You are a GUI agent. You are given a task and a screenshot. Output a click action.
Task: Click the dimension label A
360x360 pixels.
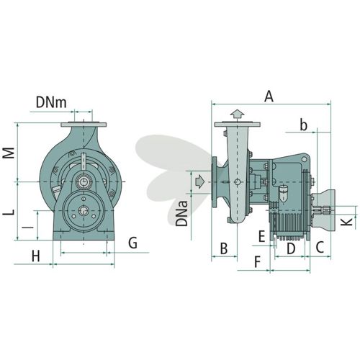click(269, 96)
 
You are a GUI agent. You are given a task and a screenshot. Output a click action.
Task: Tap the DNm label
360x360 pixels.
click(51, 102)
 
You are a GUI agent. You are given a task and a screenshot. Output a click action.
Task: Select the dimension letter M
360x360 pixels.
click(9, 153)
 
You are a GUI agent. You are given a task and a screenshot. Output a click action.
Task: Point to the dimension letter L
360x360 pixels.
click(9, 212)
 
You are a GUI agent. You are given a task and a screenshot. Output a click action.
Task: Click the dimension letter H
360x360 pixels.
click(36, 256)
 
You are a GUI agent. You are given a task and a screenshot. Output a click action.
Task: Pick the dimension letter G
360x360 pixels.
click(132, 243)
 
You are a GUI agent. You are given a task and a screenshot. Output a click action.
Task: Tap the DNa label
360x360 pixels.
click(181, 214)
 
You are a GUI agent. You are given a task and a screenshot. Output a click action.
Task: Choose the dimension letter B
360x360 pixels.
click(224, 248)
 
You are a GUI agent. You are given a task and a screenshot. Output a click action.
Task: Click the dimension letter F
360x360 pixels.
click(257, 262)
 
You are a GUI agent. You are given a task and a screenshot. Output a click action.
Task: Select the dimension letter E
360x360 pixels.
click(261, 236)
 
